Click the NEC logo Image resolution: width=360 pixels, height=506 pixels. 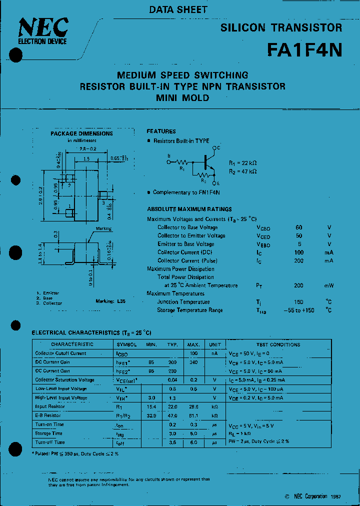(x=43, y=29)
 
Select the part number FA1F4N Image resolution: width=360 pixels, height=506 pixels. (x=304, y=50)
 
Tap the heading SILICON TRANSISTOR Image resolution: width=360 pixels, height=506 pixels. (x=281, y=28)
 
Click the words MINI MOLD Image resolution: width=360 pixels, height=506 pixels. (x=182, y=98)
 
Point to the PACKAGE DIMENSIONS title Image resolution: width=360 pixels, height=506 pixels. (x=82, y=133)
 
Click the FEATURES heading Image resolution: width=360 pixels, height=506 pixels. (x=161, y=131)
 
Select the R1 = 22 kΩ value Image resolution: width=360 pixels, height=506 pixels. (x=243, y=163)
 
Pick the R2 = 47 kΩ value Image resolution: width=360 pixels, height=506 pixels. (x=243, y=171)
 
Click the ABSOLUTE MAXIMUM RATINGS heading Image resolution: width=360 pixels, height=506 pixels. (x=189, y=209)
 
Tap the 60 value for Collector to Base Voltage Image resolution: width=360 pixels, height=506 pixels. (x=299, y=227)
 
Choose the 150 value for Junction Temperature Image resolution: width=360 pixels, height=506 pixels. (x=299, y=302)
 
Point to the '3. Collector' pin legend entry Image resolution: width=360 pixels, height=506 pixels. (x=49, y=303)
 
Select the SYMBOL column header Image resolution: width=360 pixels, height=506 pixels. (x=126, y=344)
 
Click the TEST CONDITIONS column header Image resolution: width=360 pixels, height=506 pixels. (x=278, y=344)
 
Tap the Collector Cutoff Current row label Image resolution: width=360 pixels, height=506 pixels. (x=60, y=353)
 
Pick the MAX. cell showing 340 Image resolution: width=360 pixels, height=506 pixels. (x=193, y=362)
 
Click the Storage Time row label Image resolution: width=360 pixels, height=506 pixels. (x=49, y=433)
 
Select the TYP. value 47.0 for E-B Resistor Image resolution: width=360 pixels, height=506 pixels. (x=172, y=415)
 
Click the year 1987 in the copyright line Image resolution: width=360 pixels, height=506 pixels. (x=335, y=496)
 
